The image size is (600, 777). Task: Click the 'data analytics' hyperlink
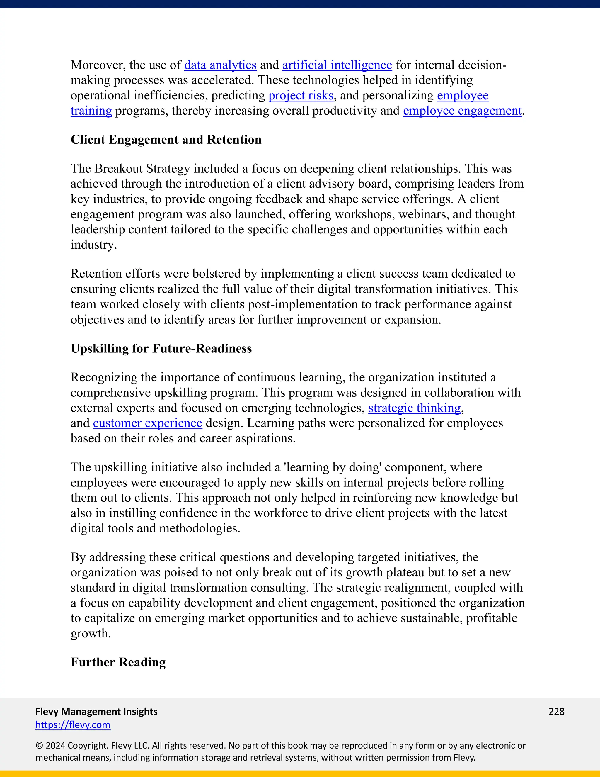220,65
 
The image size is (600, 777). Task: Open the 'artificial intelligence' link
337,65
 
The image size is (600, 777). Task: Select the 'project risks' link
301,96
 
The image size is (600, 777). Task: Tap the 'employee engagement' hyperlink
462,111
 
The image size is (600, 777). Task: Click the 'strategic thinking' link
415,408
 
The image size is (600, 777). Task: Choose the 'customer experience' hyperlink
148,423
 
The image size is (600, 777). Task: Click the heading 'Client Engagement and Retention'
166,140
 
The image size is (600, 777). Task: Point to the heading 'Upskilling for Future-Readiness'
161,349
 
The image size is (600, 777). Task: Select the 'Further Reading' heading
118,662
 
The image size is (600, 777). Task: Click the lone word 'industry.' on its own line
93,245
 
